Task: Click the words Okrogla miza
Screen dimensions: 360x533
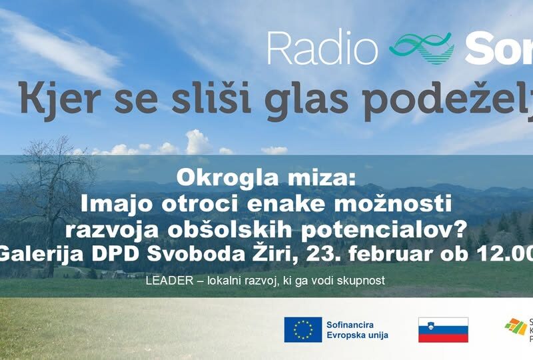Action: (266, 178)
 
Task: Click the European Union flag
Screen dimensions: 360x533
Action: (303, 329)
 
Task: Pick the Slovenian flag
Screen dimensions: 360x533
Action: (443, 329)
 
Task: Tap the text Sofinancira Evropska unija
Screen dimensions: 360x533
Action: (357, 329)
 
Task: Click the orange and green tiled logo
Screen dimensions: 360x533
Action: (514, 327)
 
